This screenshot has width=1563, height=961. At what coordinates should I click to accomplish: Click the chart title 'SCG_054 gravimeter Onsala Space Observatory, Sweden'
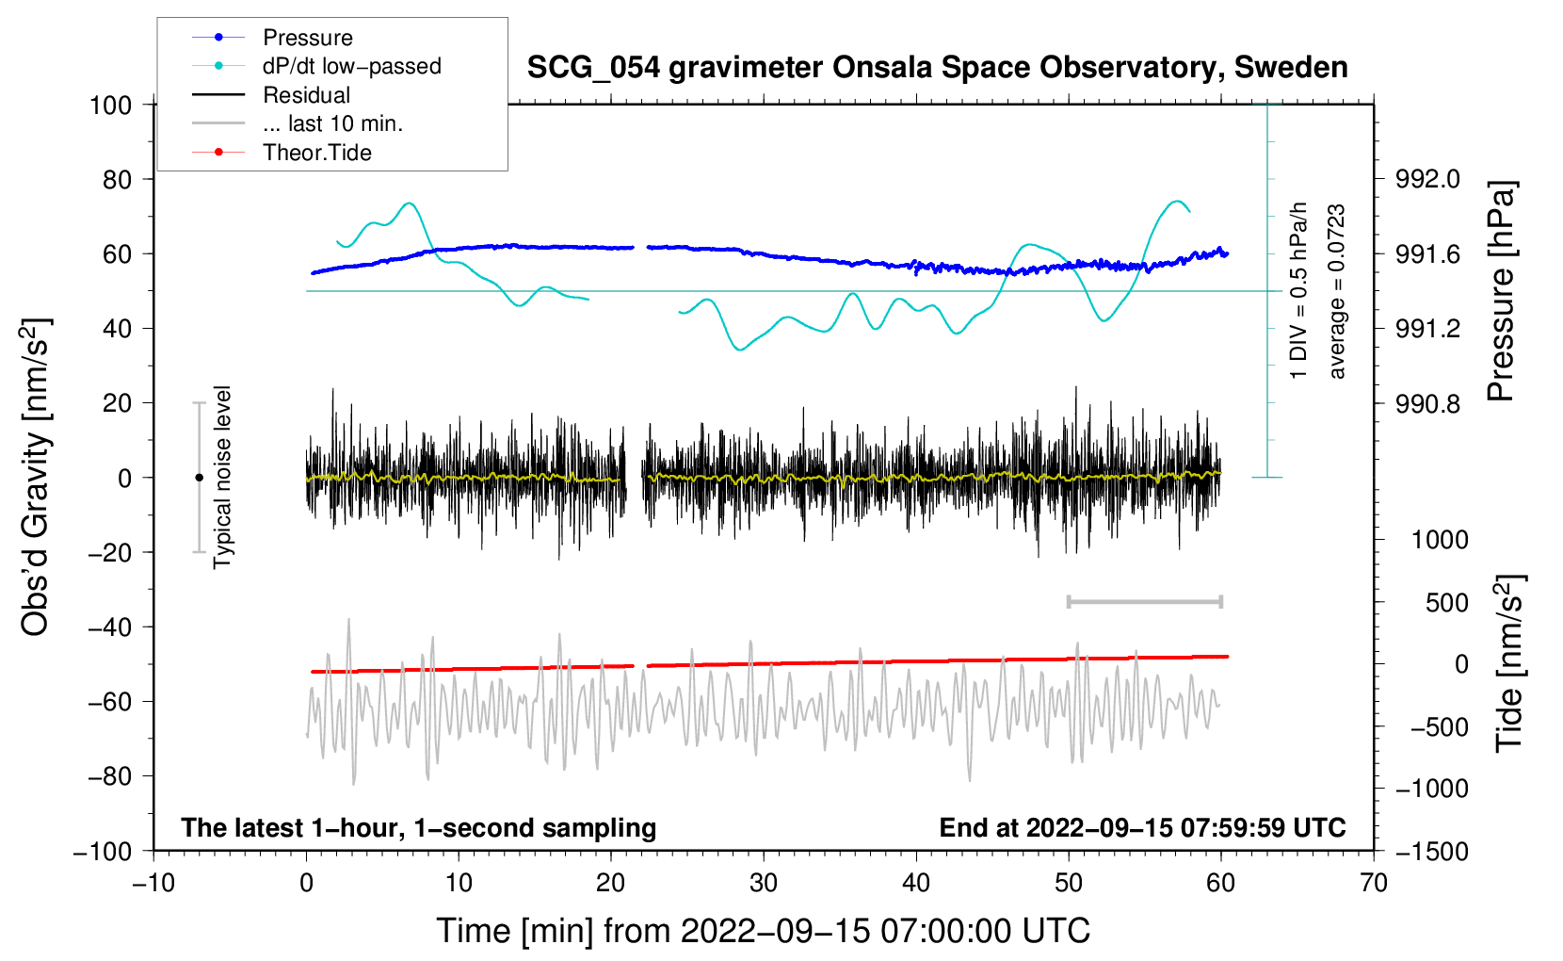(x=937, y=68)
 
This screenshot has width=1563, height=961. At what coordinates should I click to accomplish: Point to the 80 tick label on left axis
(x=117, y=180)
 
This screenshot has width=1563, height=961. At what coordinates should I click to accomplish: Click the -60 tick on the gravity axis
(x=109, y=701)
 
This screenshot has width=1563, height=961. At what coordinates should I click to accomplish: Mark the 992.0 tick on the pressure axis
(x=1427, y=180)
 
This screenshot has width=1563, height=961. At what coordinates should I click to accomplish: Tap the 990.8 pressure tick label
(x=1427, y=403)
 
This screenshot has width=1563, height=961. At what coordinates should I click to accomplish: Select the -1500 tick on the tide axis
(x=1432, y=852)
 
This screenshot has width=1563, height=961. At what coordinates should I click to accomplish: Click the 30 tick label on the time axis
(x=764, y=883)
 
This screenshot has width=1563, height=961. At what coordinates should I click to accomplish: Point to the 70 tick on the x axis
(x=1373, y=883)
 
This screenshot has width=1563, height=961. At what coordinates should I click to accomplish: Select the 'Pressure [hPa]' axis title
(x=1502, y=291)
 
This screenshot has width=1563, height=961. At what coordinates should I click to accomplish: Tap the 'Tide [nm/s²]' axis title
(x=1509, y=663)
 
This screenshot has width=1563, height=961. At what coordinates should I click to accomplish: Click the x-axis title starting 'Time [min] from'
(x=764, y=931)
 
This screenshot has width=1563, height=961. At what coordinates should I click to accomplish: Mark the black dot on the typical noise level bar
(x=199, y=478)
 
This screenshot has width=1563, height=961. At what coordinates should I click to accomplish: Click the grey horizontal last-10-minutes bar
(x=1144, y=601)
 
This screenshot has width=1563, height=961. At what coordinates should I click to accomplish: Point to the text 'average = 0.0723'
(x=1336, y=291)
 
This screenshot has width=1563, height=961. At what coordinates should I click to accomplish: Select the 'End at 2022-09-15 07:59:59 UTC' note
(x=1142, y=827)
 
